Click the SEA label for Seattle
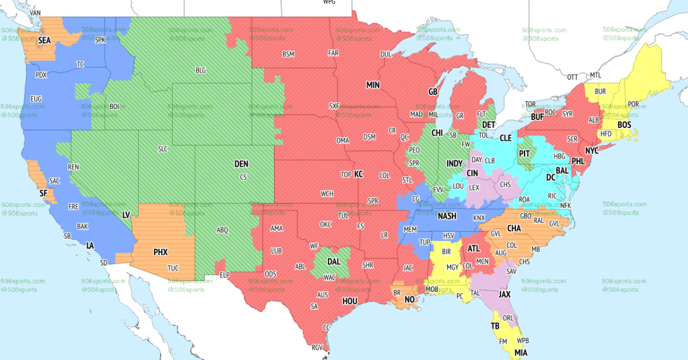point(44,41)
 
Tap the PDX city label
point(41,75)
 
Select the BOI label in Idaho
point(114,106)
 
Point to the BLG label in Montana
point(201,71)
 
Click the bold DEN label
point(241,164)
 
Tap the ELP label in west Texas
point(225,276)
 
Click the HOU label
point(349,301)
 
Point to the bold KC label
point(359,174)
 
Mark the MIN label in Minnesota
point(373,85)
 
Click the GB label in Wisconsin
point(433,92)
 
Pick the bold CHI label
point(437,132)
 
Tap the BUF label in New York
point(537,117)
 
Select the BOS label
point(624,125)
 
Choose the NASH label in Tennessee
point(447,216)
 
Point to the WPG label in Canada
point(329,2)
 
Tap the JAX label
point(505,294)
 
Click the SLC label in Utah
point(163,149)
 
